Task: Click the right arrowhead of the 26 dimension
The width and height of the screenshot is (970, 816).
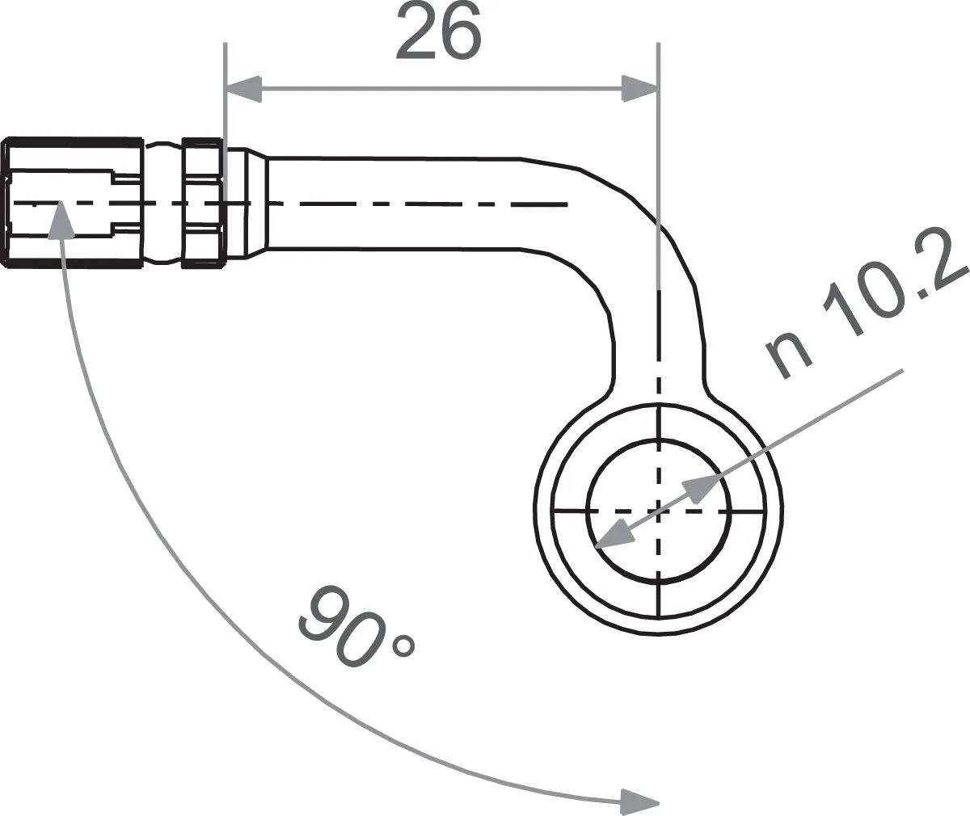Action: pyautogui.click(x=639, y=89)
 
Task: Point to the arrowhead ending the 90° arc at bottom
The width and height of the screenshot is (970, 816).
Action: pyautogui.click(x=639, y=801)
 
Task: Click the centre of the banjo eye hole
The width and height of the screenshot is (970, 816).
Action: pyautogui.click(x=659, y=511)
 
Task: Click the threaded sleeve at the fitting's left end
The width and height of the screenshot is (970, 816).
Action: pyautogui.click(x=73, y=202)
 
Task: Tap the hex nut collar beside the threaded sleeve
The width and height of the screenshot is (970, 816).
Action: pyautogui.click(x=202, y=202)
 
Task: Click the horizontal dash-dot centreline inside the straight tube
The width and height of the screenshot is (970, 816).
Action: pyautogui.click(x=420, y=204)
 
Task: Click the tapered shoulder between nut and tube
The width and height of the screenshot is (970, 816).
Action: pyautogui.click(x=255, y=204)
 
